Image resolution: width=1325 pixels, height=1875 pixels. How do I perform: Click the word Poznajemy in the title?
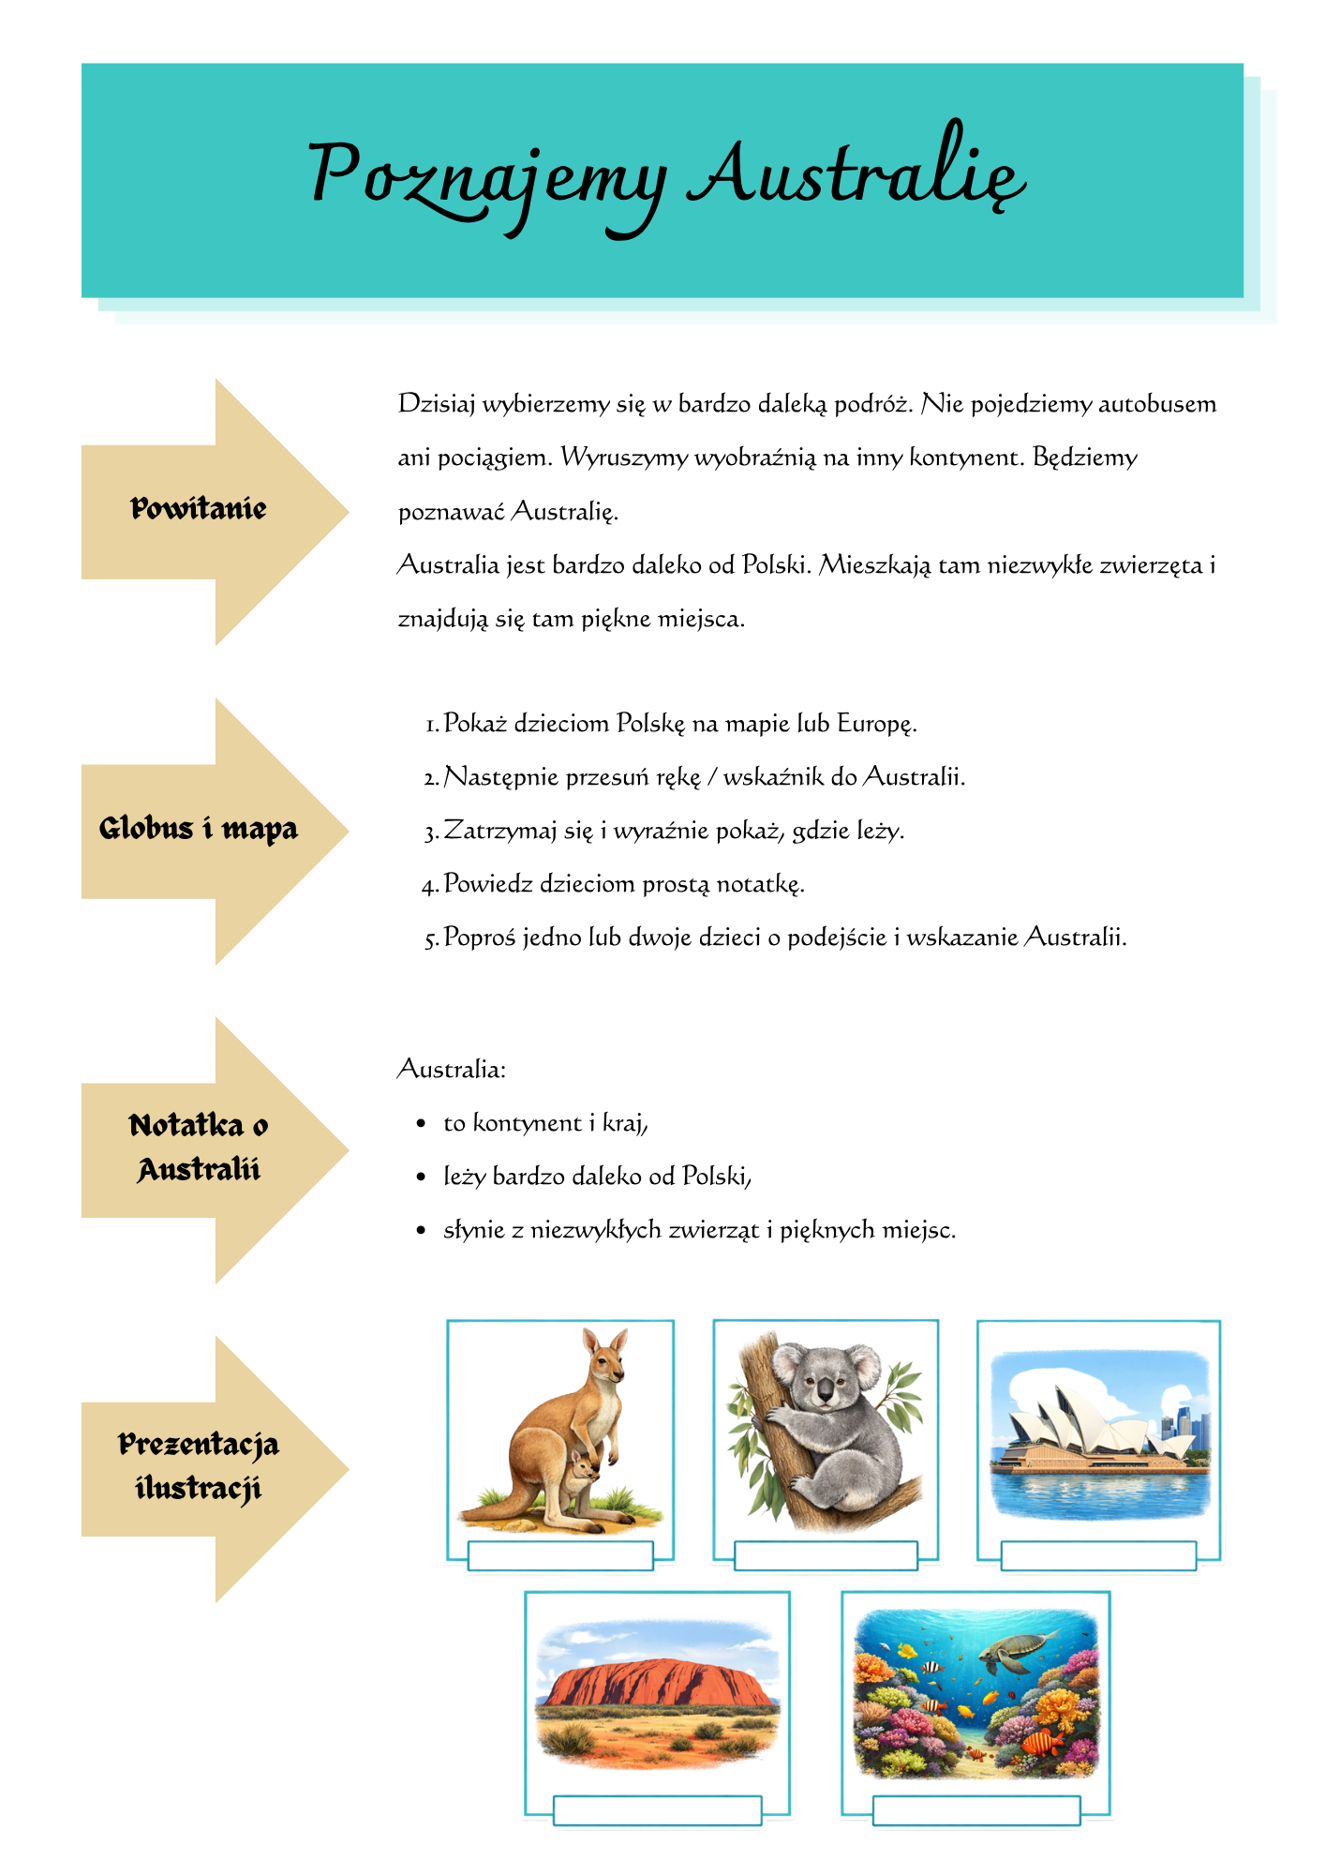coord(487,178)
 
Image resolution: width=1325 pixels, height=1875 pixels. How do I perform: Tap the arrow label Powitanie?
coord(199,509)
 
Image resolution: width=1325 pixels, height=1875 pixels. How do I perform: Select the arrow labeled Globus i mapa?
coord(199,830)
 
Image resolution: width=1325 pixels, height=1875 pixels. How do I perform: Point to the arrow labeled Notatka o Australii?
coord(199,1147)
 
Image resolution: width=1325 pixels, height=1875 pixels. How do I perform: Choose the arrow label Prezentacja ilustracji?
coord(199,1466)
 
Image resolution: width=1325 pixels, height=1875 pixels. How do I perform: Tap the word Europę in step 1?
coord(875,724)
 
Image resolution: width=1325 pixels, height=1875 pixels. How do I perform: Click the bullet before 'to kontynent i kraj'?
coord(421,1123)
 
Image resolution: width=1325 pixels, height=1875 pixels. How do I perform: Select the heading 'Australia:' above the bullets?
coord(452,1070)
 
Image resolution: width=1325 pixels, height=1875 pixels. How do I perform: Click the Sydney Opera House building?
coord(1087,1430)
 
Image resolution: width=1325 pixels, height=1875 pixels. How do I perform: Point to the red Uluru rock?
coord(656,1683)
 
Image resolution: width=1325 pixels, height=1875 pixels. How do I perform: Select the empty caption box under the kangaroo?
coord(559,1556)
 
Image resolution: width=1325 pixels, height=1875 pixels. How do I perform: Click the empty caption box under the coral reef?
coord(975,1810)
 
